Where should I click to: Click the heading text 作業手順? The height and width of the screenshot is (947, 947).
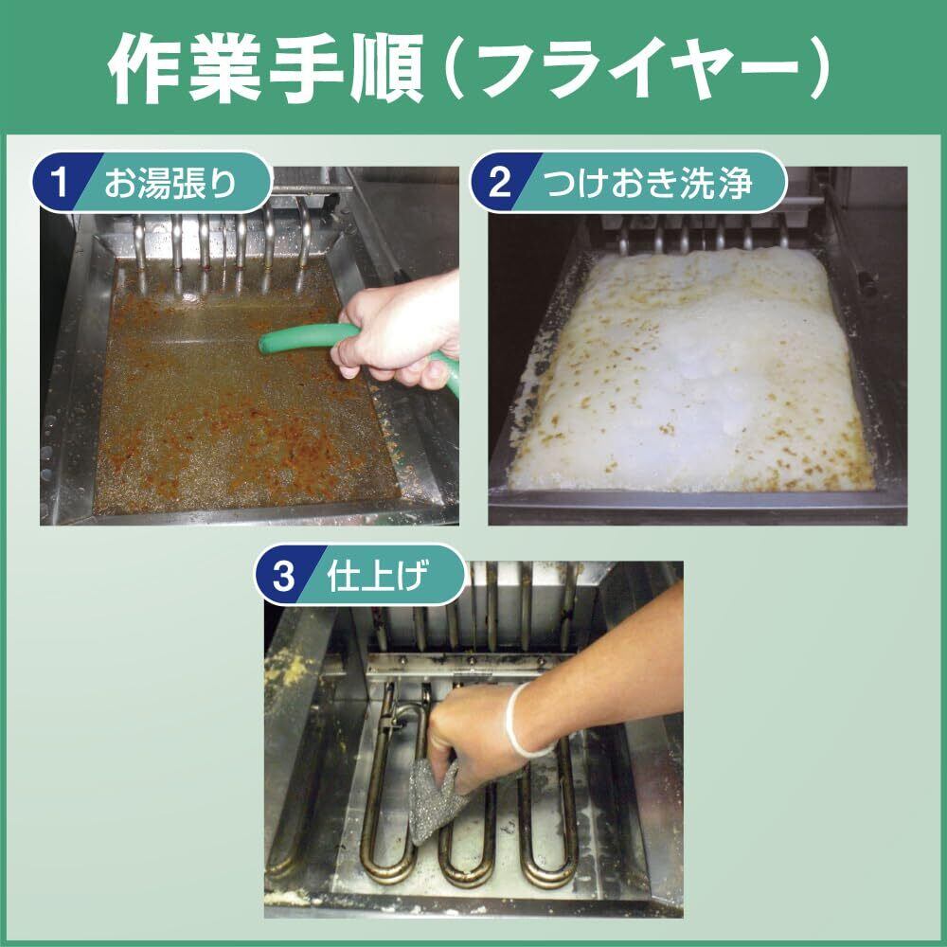(x=266, y=67)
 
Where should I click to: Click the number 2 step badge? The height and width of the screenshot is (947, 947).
(x=499, y=182)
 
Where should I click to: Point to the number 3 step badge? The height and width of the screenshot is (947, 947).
(x=283, y=576)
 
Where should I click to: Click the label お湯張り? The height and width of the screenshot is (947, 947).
(x=170, y=183)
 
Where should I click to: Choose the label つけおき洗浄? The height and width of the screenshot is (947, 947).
(x=649, y=183)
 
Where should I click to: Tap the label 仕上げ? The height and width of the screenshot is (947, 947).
(x=377, y=576)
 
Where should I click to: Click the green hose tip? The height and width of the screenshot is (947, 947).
(x=267, y=345)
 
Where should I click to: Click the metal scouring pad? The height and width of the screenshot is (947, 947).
(x=436, y=799)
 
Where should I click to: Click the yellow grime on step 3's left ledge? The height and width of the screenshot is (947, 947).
(x=291, y=670)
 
